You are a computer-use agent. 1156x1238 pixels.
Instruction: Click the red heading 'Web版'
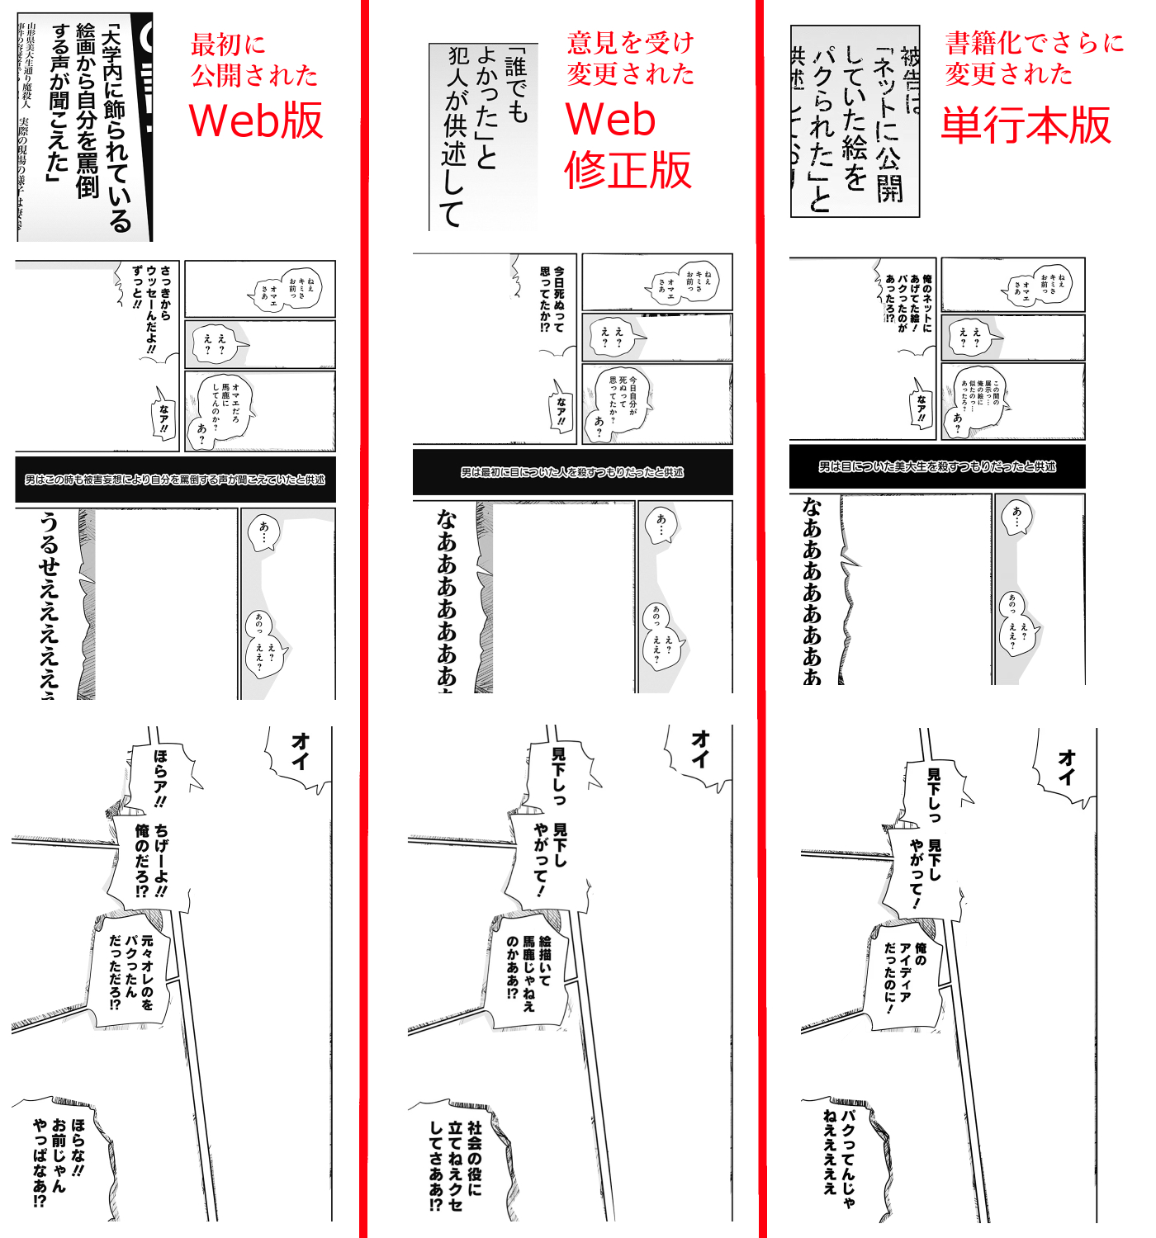pos(256,120)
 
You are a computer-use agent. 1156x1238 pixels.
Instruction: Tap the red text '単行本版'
pos(1026,125)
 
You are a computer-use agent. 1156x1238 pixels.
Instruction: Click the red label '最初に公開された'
pos(254,59)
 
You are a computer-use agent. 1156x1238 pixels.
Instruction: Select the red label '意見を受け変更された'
pos(630,58)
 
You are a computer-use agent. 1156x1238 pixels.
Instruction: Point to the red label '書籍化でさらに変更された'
pos(1034,58)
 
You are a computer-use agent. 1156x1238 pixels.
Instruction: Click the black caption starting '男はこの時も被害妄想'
pos(175,480)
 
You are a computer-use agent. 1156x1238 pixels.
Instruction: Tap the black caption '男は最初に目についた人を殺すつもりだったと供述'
pos(572,472)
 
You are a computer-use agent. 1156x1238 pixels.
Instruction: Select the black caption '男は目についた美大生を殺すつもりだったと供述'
pos(937,466)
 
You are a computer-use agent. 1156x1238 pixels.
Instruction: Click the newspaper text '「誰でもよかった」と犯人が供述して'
pos(483,136)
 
